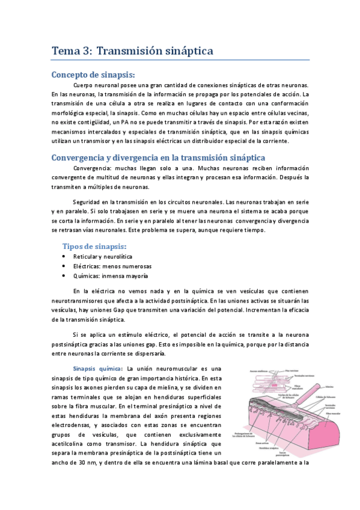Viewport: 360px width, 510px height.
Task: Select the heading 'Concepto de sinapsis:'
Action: coord(93,75)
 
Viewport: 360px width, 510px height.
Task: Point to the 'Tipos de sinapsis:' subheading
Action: coord(94,247)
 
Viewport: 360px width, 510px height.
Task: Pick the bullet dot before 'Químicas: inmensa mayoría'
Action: coord(64,275)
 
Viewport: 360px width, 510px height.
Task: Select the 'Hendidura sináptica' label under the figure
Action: coord(264,447)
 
